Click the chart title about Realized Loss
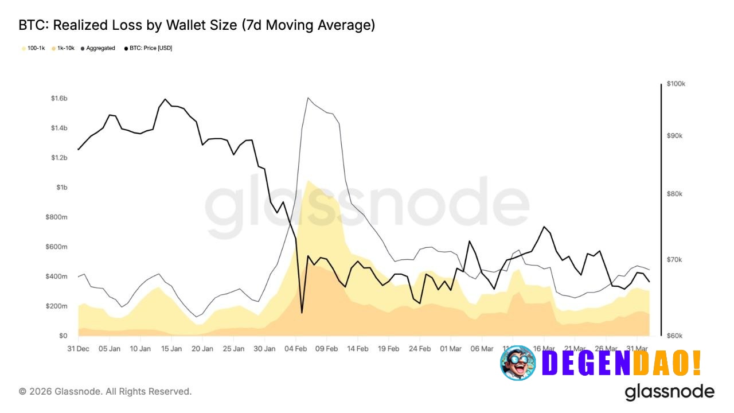(x=197, y=25)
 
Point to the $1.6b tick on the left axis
(x=59, y=99)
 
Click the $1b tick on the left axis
(x=62, y=188)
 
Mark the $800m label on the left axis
(x=57, y=217)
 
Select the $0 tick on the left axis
(x=63, y=336)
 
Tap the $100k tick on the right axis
(x=676, y=84)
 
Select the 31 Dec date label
(x=78, y=348)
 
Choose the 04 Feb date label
(x=296, y=348)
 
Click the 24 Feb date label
(x=420, y=348)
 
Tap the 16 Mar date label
(x=544, y=348)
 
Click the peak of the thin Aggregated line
(x=308, y=98)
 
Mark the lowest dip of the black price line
(x=302, y=313)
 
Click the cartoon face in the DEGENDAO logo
(x=518, y=363)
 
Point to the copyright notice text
(x=105, y=391)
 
